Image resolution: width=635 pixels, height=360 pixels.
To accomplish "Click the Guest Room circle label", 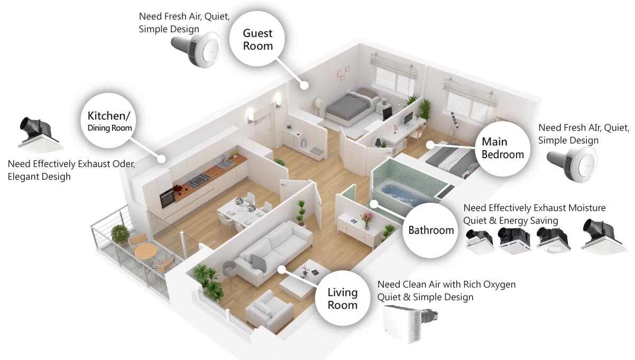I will click(257, 40).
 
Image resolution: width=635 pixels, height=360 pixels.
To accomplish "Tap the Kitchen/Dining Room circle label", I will click(110, 121).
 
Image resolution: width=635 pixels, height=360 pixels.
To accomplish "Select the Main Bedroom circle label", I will click(502, 148).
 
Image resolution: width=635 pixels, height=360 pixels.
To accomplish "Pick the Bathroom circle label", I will click(431, 230).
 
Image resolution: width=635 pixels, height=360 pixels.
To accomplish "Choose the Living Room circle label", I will click(343, 298).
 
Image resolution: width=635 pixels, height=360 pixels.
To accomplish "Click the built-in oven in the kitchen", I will click(167, 198).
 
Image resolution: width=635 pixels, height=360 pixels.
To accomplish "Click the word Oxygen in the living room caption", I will click(496, 284).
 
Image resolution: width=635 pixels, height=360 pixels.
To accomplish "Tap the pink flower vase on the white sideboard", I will click(366, 219).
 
